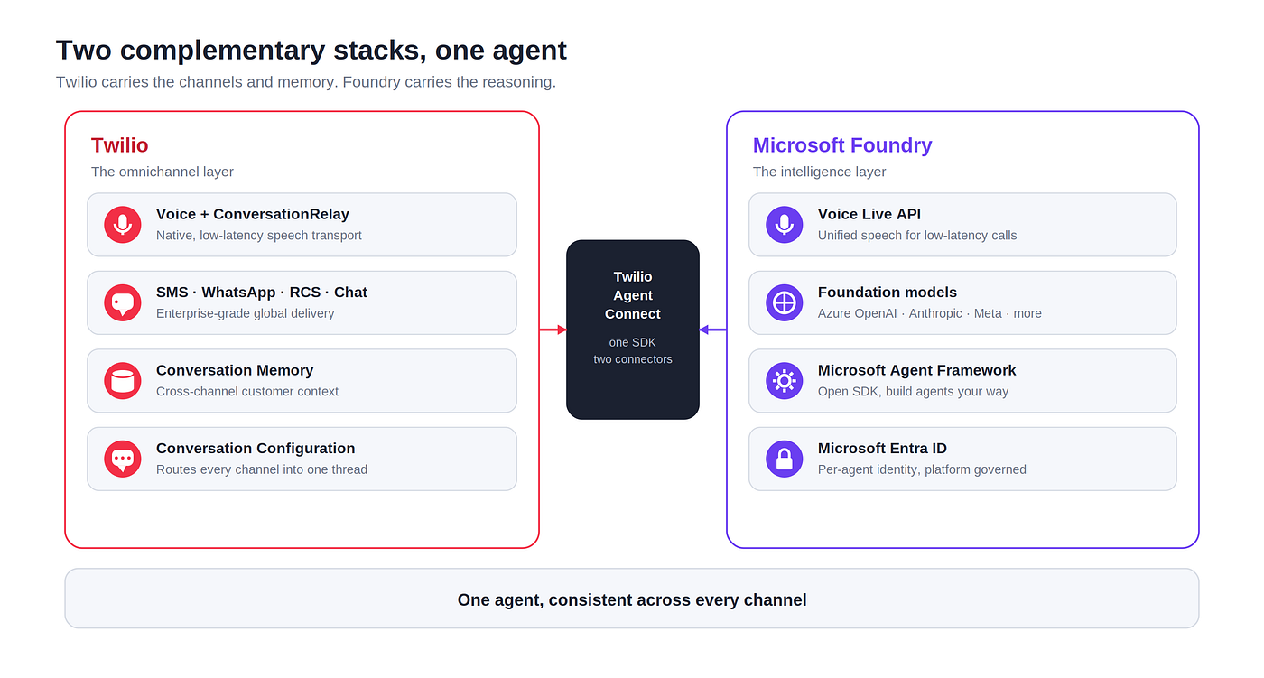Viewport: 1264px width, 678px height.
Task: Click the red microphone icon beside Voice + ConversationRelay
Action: [123, 225]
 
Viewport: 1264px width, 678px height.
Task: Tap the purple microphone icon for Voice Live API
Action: [784, 225]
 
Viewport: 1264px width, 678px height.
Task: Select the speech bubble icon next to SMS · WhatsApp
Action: [123, 303]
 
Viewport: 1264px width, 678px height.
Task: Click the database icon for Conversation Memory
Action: [123, 381]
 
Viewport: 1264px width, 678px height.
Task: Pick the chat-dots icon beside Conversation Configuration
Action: [123, 459]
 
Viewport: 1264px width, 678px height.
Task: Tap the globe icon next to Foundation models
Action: [784, 303]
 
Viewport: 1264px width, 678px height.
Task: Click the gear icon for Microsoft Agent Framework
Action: [784, 381]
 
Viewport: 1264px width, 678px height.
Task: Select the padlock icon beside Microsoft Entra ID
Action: [784, 459]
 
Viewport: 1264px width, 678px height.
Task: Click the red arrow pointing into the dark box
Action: [553, 330]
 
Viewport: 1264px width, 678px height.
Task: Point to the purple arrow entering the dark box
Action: [712, 330]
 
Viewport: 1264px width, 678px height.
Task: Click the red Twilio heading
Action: [119, 145]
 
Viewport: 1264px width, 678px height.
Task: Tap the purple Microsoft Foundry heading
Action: [841, 145]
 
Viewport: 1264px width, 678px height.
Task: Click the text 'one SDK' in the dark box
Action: [633, 342]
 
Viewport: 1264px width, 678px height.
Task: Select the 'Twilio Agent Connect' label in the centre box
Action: [633, 295]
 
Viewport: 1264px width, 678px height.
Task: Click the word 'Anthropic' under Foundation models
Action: [935, 313]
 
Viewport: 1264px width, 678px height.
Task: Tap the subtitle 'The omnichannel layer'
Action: [162, 172]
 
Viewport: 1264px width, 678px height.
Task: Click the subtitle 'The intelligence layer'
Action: [819, 172]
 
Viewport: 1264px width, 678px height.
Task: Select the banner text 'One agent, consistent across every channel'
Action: [632, 599]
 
